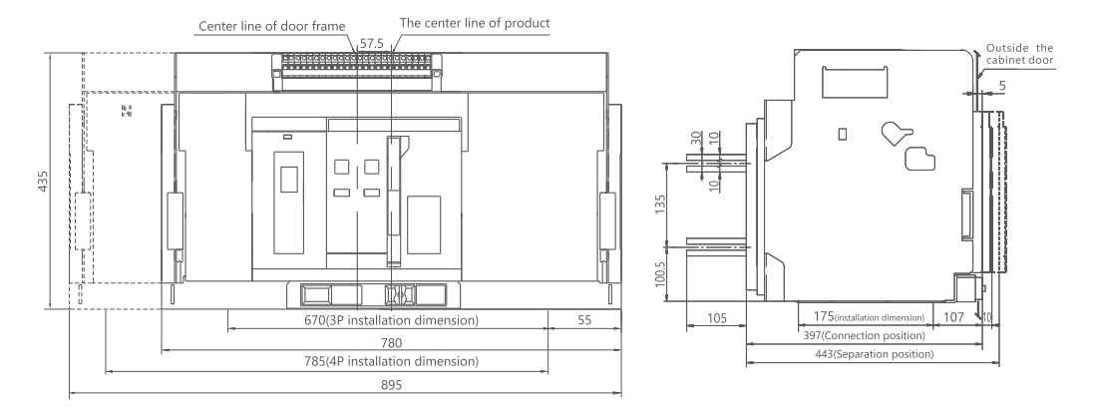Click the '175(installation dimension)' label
[x=866, y=317]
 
